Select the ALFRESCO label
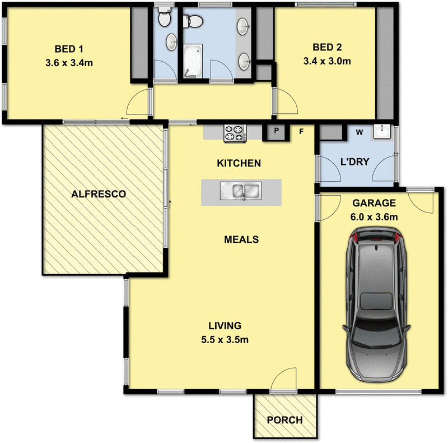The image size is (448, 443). click(98, 194)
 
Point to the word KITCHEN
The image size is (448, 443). click(239, 164)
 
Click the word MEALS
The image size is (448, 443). click(241, 239)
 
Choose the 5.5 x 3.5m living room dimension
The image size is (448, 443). click(225, 339)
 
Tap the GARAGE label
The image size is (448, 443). click(374, 203)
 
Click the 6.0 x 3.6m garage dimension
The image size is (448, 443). click(374, 216)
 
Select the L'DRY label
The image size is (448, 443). click(354, 162)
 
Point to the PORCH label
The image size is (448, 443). click(284, 420)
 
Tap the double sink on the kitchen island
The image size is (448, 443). click(241, 191)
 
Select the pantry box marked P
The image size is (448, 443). click(276, 132)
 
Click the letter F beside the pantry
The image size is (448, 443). click(301, 132)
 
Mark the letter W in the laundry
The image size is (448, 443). click(360, 132)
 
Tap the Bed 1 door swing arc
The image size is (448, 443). click(138, 104)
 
